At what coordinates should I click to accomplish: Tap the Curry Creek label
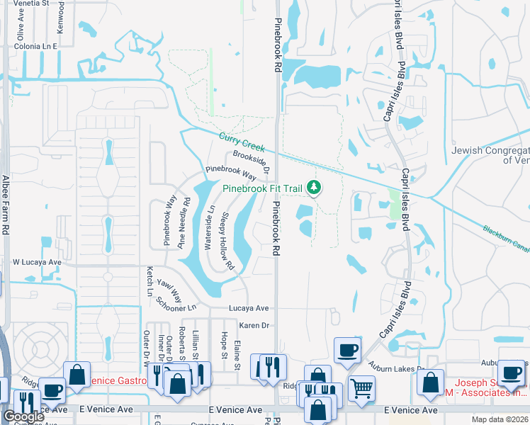(242, 142)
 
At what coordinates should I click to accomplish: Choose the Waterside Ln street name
(209, 227)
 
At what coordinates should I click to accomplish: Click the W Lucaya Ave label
(37, 262)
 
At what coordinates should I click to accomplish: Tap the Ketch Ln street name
(150, 280)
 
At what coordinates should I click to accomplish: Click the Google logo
(23, 416)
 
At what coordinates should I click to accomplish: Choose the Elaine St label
(238, 356)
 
